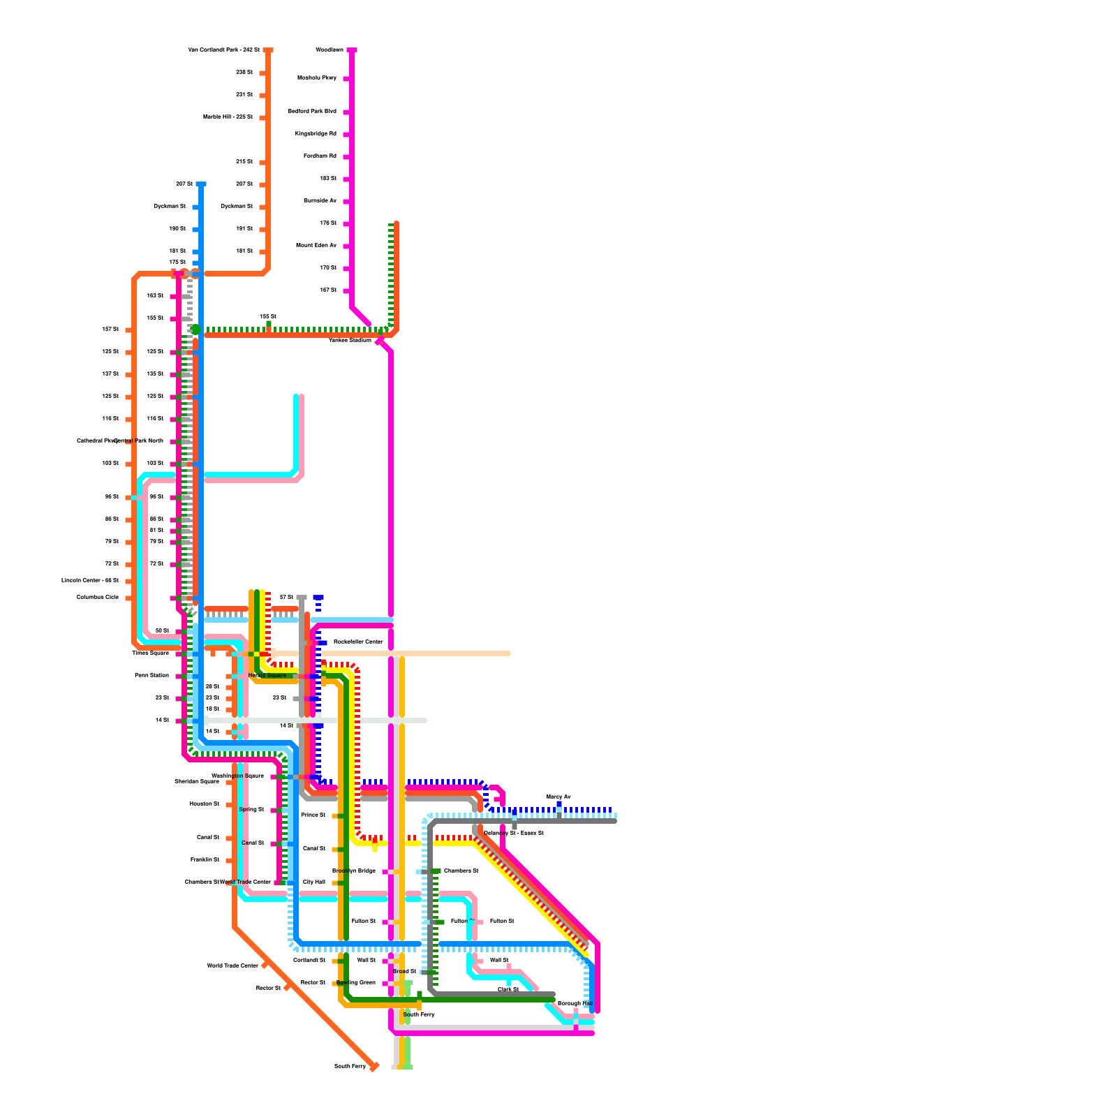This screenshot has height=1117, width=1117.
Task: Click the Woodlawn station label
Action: pos(330,50)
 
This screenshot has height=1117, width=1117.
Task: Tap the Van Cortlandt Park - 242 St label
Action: pos(223,50)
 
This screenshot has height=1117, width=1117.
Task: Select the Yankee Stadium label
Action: pos(350,341)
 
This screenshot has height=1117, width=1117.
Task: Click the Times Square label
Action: pos(151,653)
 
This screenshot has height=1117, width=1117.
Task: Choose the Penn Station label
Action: pos(151,676)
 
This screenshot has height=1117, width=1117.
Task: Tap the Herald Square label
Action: pos(267,676)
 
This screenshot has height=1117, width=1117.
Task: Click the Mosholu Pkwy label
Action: pos(317,78)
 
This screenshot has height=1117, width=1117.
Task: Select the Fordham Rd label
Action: pos(320,156)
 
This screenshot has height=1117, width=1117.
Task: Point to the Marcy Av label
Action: pos(558,797)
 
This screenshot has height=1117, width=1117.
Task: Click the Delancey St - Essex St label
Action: pos(513,834)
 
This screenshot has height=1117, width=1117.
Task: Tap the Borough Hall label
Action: pos(575,1004)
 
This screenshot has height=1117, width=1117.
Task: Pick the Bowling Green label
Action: pos(356,983)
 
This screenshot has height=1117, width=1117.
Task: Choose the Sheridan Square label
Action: pos(197,782)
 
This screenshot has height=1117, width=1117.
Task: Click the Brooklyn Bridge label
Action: pos(354,871)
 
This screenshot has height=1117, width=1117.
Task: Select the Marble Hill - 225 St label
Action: pos(228,117)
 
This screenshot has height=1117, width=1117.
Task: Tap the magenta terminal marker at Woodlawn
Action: pos(352,50)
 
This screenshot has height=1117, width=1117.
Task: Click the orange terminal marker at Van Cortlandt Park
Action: pos(268,50)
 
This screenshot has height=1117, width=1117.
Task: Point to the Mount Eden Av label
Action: pos(316,246)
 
